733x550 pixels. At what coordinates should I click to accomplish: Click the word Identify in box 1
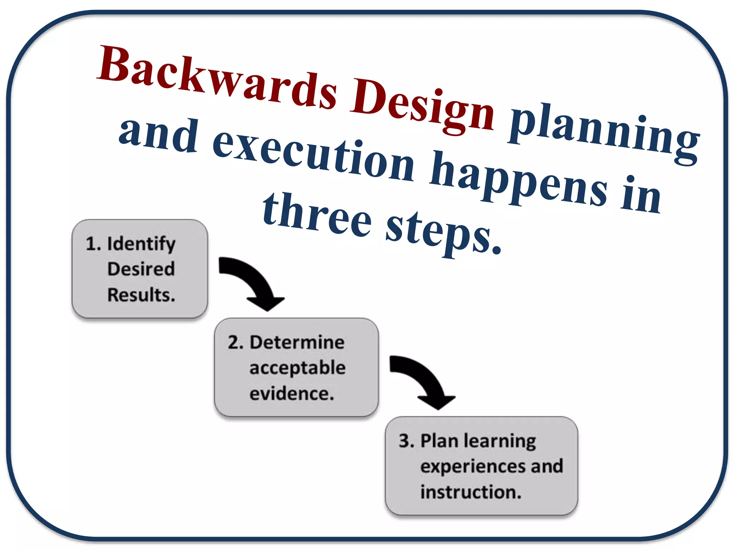click(x=141, y=244)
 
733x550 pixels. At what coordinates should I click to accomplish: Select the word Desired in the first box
click(x=141, y=269)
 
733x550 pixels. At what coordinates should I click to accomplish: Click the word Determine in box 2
click(x=297, y=342)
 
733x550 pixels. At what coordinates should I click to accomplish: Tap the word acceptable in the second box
click(x=297, y=368)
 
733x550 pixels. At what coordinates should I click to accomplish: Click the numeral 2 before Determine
click(x=236, y=342)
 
